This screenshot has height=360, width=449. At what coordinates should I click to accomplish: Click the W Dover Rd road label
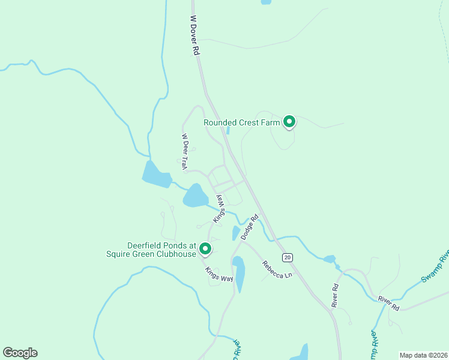click(x=194, y=35)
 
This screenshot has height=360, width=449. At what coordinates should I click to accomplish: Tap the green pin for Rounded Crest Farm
click(x=289, y=122)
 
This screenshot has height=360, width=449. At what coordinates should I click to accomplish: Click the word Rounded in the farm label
click(x=221, y=122)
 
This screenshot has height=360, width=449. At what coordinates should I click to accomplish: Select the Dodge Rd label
click(x=250, y=227)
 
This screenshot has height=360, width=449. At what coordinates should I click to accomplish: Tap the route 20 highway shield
click(x=288, y=257)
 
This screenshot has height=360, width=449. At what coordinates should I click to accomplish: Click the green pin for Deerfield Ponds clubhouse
click(x=205, y=248)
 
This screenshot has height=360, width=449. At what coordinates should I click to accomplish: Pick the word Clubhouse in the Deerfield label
click(x=175, y=254)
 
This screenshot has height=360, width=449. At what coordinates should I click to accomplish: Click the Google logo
click(x=20, y=353)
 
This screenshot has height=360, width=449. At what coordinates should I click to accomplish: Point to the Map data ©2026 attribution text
click(x=423, y=355)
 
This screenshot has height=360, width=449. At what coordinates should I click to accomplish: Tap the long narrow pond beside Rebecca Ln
click(x=239, y=274)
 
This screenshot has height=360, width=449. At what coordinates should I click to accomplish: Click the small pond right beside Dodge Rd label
click(x=236, y=233)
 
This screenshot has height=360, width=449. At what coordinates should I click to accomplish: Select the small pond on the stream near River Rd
click(x=329, y=259)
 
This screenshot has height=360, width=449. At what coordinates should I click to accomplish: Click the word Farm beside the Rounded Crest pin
click(x=270, y=122)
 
